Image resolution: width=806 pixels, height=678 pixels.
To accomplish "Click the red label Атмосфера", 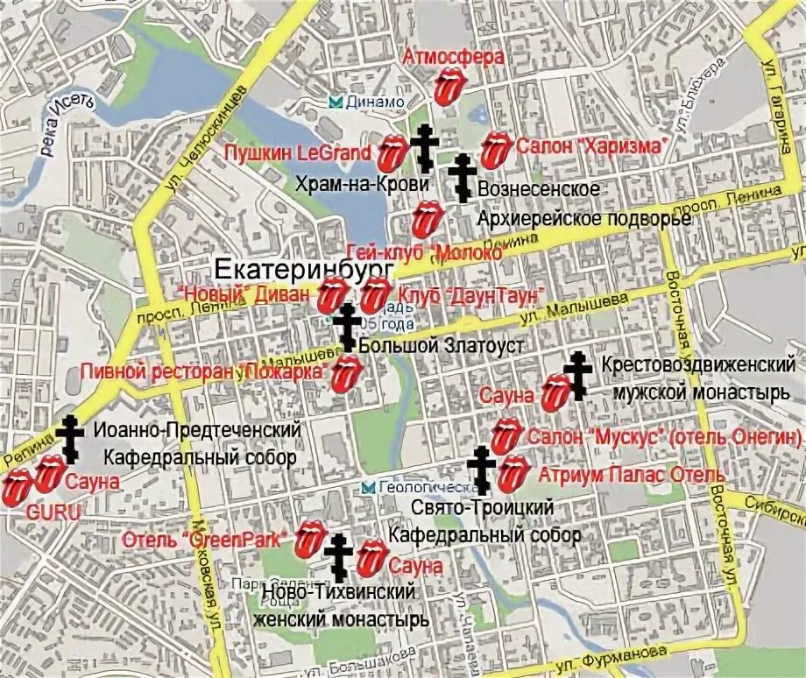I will (453, 57).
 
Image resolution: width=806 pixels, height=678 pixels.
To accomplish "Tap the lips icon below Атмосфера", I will (449, 88).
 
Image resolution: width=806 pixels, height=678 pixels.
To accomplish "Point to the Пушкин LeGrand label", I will (298, 152).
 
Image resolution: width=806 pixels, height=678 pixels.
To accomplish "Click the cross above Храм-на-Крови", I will (425, 145).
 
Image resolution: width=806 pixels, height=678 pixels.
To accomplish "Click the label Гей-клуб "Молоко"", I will (428, 252).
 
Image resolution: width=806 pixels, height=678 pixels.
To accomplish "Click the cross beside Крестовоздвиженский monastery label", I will (577, 375).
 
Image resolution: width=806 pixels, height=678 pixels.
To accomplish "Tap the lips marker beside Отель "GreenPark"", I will (308, 539).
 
